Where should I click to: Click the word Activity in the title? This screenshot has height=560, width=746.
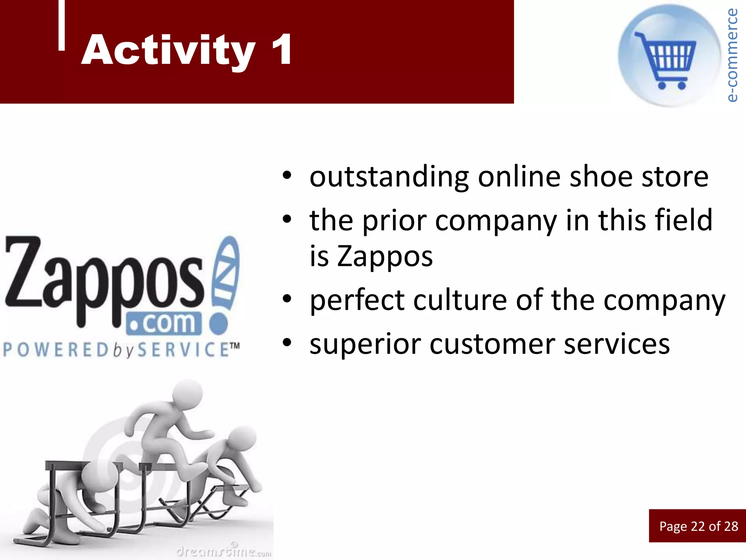(x=168, y=50)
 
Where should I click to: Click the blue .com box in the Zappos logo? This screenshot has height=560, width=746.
(x=164, y=323)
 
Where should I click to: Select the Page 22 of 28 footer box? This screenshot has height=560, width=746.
(x=698, y=526)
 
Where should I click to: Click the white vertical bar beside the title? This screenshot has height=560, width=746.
(x=62, y=25)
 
